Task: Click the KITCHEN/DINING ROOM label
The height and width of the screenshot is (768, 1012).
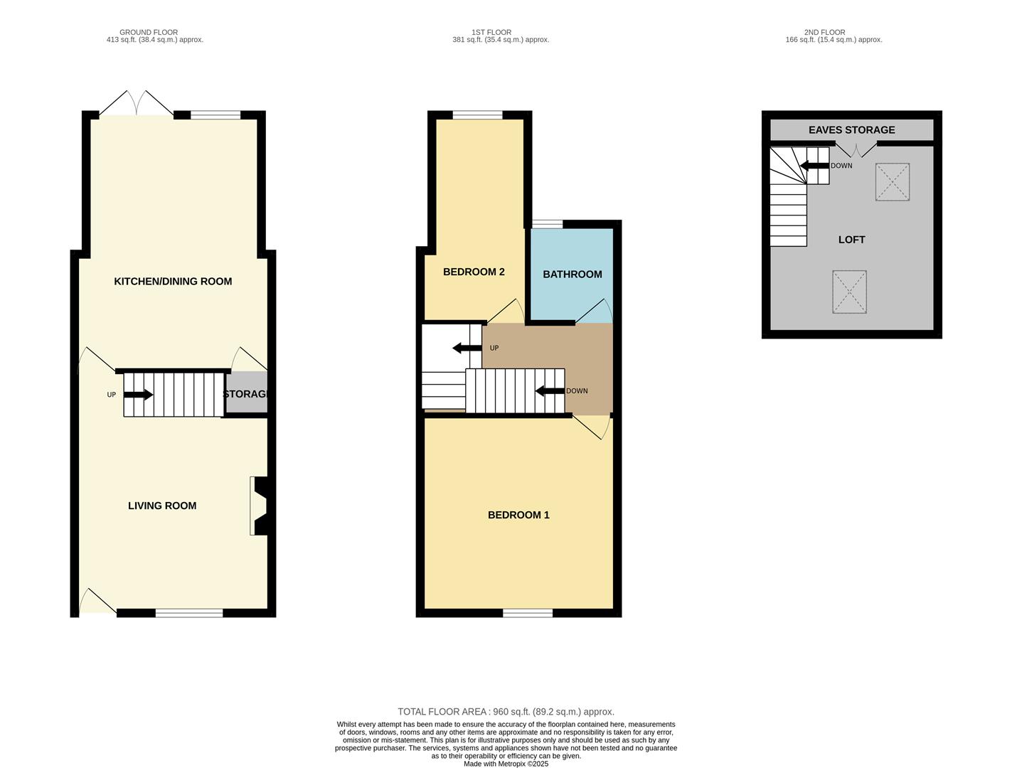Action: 173,282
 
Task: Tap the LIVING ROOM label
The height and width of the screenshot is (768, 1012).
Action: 162,506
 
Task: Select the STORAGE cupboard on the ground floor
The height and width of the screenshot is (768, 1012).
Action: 246,393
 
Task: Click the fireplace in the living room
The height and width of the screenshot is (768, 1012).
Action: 258,505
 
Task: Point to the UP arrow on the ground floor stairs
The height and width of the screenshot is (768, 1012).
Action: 138,395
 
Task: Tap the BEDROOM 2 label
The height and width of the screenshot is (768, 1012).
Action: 474,272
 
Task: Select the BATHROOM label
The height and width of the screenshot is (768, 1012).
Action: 572,274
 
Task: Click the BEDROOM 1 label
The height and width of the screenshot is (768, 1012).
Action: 518,515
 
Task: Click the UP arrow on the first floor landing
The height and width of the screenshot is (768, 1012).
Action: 467,348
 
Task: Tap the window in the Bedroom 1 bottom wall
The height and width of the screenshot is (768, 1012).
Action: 528,613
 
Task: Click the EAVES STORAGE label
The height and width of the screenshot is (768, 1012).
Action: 851,130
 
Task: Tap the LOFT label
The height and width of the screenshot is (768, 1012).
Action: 851,240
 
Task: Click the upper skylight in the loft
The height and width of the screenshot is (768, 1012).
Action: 893,182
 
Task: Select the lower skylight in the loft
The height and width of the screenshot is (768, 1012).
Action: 849,292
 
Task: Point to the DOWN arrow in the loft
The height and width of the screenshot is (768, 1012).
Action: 815,166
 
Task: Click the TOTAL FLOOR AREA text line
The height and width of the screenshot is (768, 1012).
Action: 506,712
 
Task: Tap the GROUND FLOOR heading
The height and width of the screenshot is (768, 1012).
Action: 149,33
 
